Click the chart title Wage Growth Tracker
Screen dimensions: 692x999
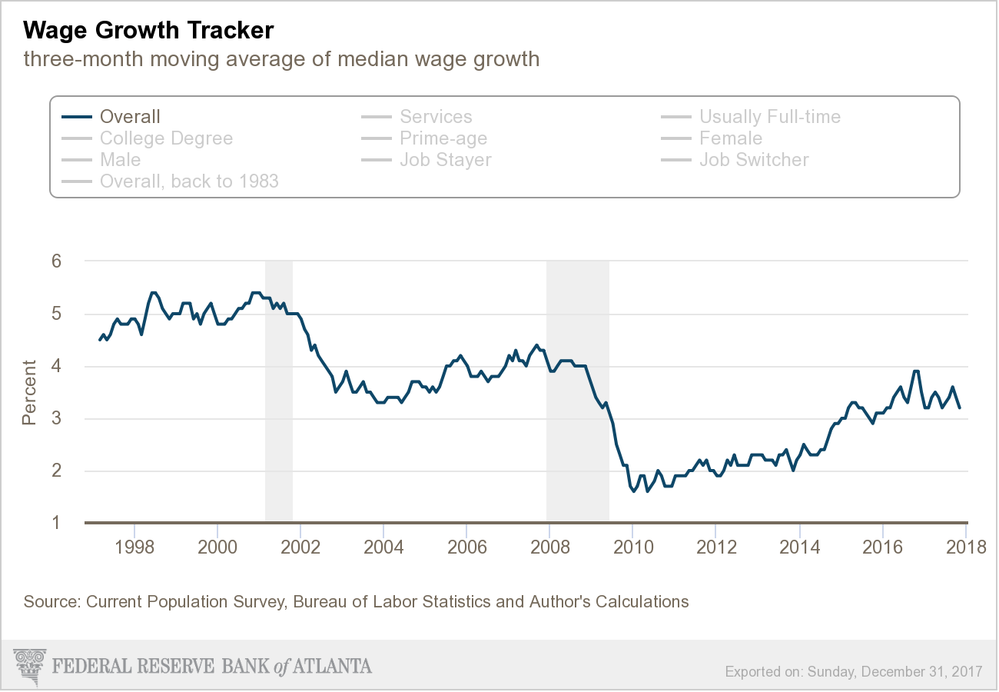tap(148, 30)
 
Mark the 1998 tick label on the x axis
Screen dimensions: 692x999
tap(135, 547)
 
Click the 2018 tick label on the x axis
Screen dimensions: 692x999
tap(965, 547)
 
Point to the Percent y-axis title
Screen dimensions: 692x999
tap(29, 392)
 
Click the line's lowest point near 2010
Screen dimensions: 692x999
tap(634, 491)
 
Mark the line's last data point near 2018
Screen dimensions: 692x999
tap(959, 408)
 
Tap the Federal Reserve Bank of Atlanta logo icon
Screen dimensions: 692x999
tap(30, 665)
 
